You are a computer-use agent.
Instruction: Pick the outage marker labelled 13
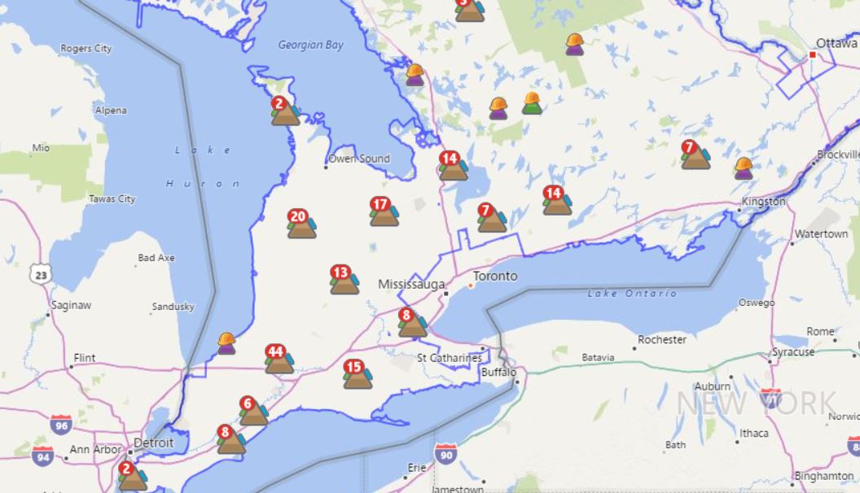[344, 279]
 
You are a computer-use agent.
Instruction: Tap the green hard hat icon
[532, 103]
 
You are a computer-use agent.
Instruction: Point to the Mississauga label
[411, 284]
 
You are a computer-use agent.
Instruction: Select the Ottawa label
[836, 43]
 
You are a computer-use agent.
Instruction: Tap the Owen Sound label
[359, 159]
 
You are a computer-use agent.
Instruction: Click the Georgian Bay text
[310, 46]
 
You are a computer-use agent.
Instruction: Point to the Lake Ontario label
[632, 293]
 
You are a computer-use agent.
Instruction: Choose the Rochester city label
[661, 339]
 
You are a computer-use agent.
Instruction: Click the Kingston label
[763, 201]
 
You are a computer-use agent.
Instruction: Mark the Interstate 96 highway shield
[60, 423]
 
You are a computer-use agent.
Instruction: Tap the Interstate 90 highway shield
[445, 453]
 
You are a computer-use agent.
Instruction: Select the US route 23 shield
[39, 274]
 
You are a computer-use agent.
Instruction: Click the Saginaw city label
[71, 305]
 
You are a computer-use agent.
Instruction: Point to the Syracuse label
[792, 352]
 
